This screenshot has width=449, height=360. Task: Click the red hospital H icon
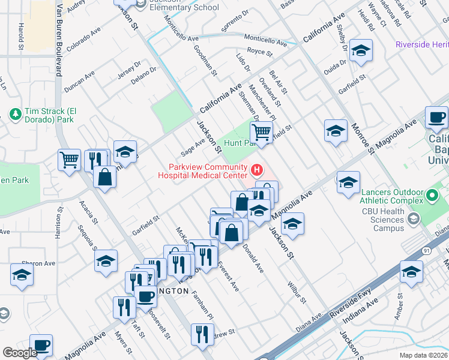258,171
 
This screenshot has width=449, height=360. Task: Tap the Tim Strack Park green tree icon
15,113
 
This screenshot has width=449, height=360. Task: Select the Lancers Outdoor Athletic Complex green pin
432,196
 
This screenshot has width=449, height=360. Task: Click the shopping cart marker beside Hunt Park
261,131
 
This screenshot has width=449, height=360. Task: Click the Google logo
19,352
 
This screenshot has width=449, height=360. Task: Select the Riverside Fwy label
356,304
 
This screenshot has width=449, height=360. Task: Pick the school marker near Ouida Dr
361,52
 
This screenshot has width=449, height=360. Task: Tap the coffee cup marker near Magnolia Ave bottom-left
41,346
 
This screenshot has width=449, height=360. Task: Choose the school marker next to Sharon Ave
22,275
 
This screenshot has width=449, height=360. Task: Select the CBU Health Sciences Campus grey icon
413,220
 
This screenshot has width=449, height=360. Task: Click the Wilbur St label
301,291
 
